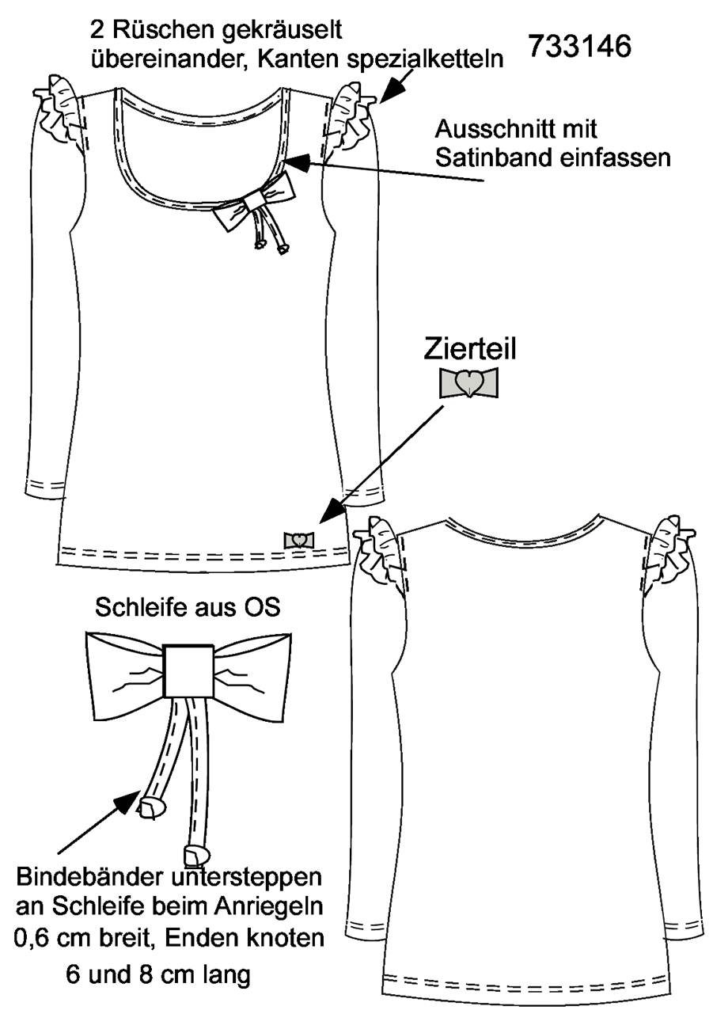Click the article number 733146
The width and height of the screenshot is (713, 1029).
pyautogui.click(x=579, y=47)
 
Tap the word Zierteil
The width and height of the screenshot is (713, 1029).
pyautogui.click(x=469, y=348)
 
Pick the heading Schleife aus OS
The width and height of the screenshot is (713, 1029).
pyautogui.click(x=188, y=607)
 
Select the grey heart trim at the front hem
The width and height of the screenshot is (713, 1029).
pyautogui.click(x=299, y=540)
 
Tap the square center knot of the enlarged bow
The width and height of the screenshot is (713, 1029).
pyautogui.click(x=189, y=671)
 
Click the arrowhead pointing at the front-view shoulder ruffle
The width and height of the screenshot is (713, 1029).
pyautogui.click(x=389, y=89)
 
